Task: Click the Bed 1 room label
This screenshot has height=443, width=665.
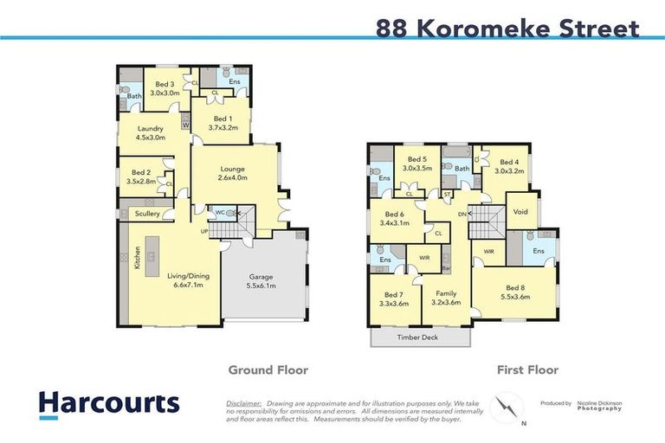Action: [x=222, y=123]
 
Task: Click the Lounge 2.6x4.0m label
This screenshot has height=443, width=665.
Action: [x=233, y=173]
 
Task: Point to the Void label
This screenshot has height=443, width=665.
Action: [x=520, y=210]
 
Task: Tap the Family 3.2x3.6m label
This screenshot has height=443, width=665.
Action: [x=445, y=298]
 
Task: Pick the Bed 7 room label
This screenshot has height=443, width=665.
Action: [x=393, y=299]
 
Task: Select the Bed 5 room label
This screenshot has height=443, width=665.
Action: [x=417, y=164]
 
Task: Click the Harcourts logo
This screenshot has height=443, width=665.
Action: [x=108, y=403]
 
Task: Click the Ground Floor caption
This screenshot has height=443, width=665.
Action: [x=268, y=369]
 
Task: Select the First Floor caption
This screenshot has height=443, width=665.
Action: [x=526, y=369]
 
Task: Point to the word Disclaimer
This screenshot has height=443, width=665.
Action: [x=243, y=403]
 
